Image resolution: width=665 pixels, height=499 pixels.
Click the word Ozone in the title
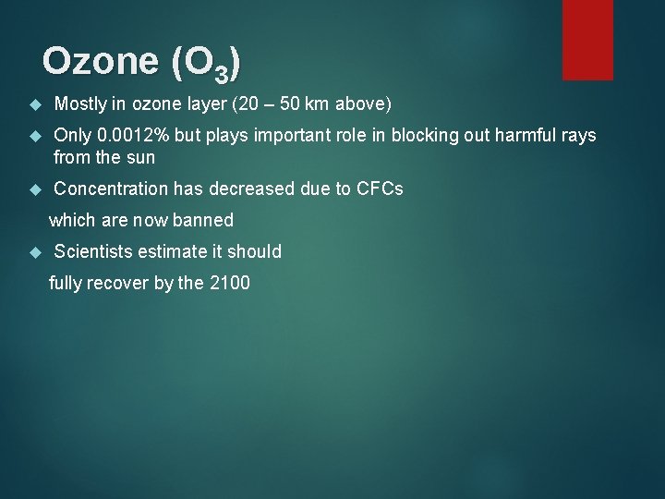tap(100, 62)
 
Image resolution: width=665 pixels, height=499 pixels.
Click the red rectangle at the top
tap(587, 39)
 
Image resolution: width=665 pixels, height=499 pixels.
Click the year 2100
tap(230, 283)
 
